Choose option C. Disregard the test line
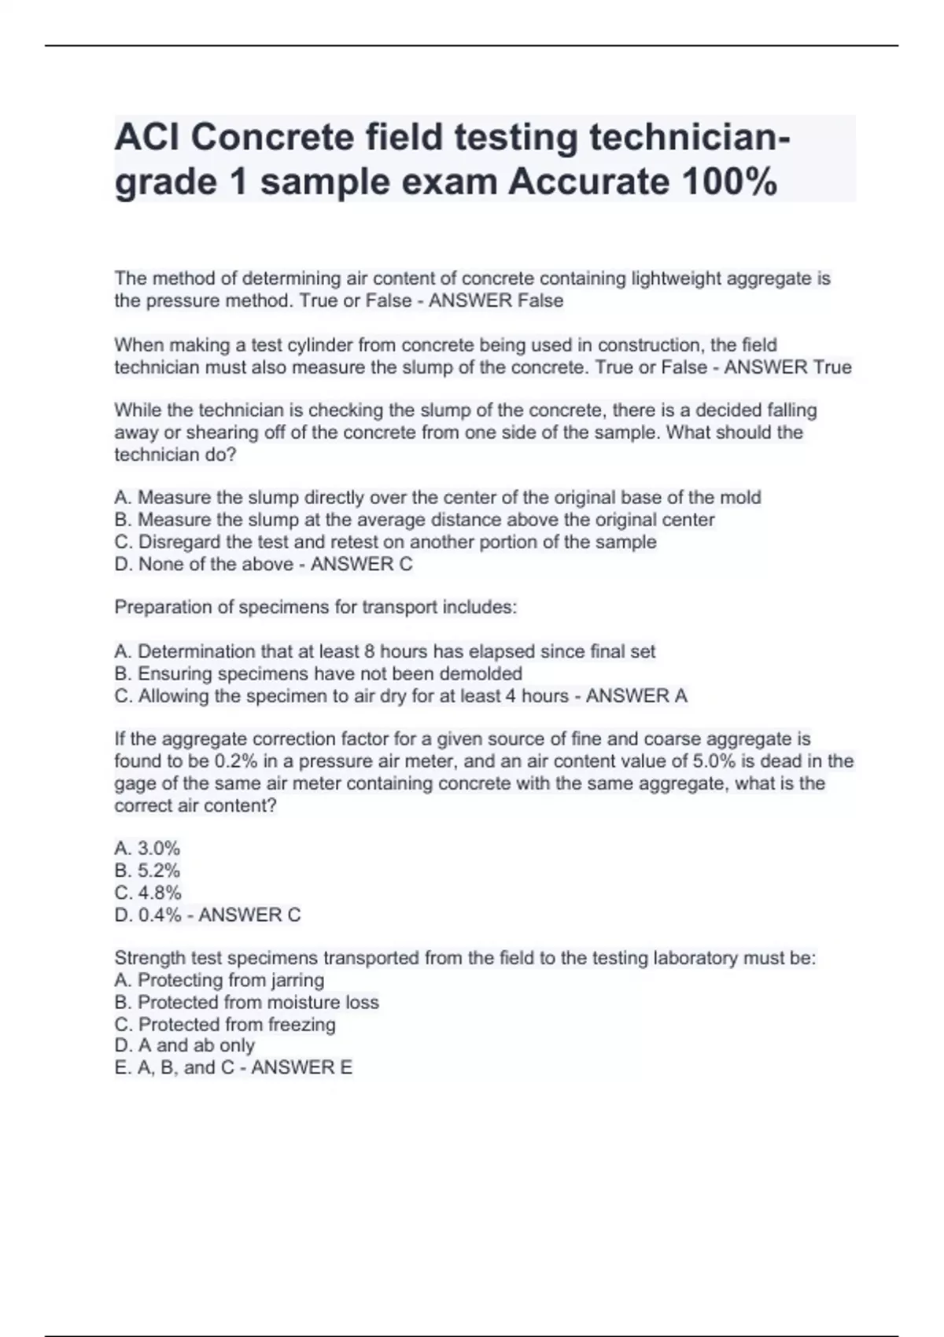[x=385, y=542]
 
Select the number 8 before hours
[x=370, y=651]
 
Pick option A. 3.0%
[x=147, y=848]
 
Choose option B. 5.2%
[x=147, y=870]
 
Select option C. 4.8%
[x=148, y=893]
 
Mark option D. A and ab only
[x=184, y=1045]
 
